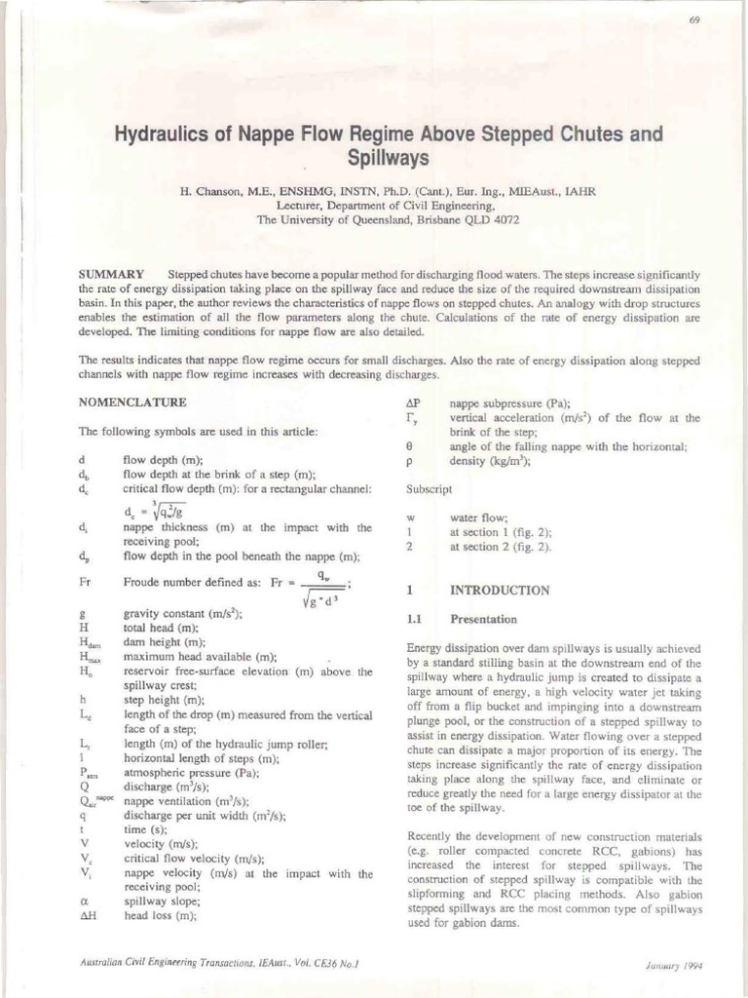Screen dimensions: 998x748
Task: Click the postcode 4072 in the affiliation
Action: (505, 220)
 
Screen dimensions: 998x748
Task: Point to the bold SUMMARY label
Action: (112, 274)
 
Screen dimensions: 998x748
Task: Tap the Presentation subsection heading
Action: (483, 619)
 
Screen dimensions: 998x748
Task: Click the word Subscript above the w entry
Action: (429, 488)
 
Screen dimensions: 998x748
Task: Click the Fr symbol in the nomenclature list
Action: (86, 583)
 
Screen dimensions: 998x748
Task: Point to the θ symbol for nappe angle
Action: (410, 445)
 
